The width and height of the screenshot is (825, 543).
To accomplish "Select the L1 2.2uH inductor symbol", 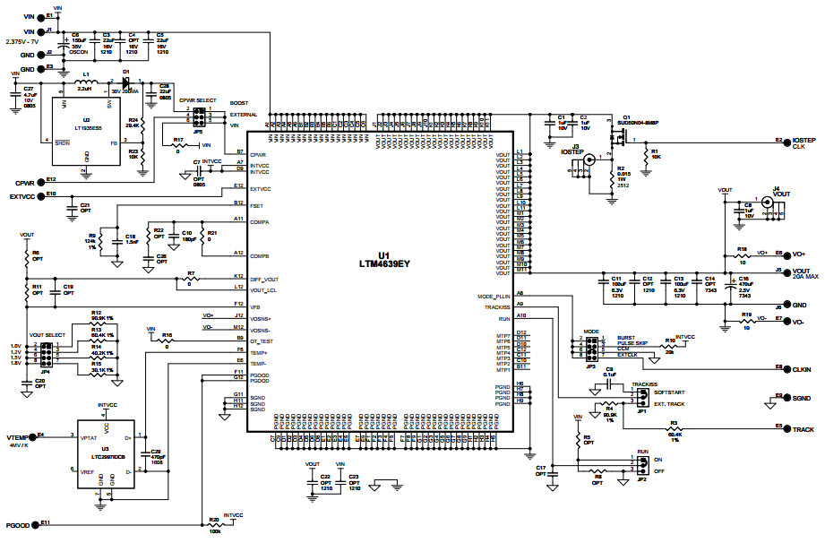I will pyautogui.click(x=87, y=82).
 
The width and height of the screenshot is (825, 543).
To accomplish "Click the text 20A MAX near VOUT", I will pyautogui.click(x=806, y=278).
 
